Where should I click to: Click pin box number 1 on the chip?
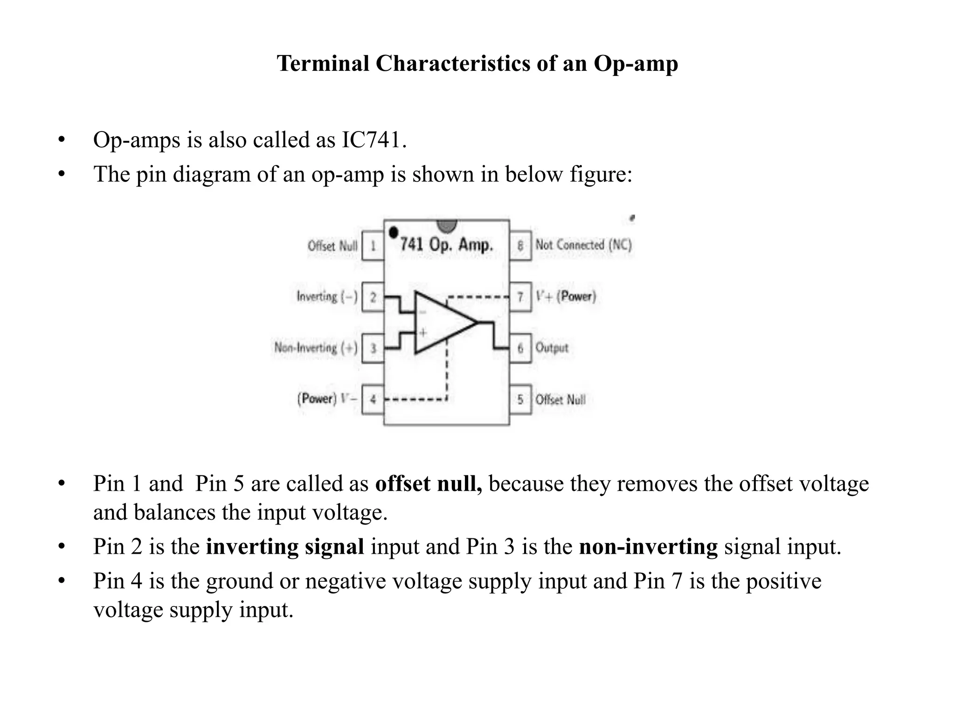373,246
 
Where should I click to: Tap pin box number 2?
373,297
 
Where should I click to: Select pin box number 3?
373,348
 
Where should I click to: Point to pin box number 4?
373,399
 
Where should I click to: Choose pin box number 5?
520,399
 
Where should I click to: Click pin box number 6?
520,348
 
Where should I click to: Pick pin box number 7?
520,297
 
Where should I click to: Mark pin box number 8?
520,246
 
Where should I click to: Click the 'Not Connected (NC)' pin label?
583,245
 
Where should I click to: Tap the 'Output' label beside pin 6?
552,348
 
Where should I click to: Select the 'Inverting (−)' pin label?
327,296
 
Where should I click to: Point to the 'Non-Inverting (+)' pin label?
316,348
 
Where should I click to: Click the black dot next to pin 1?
394,232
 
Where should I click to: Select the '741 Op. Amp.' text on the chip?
446,244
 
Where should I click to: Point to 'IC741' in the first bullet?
371,140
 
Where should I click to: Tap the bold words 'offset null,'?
429,484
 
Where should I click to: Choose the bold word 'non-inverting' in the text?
648,547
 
